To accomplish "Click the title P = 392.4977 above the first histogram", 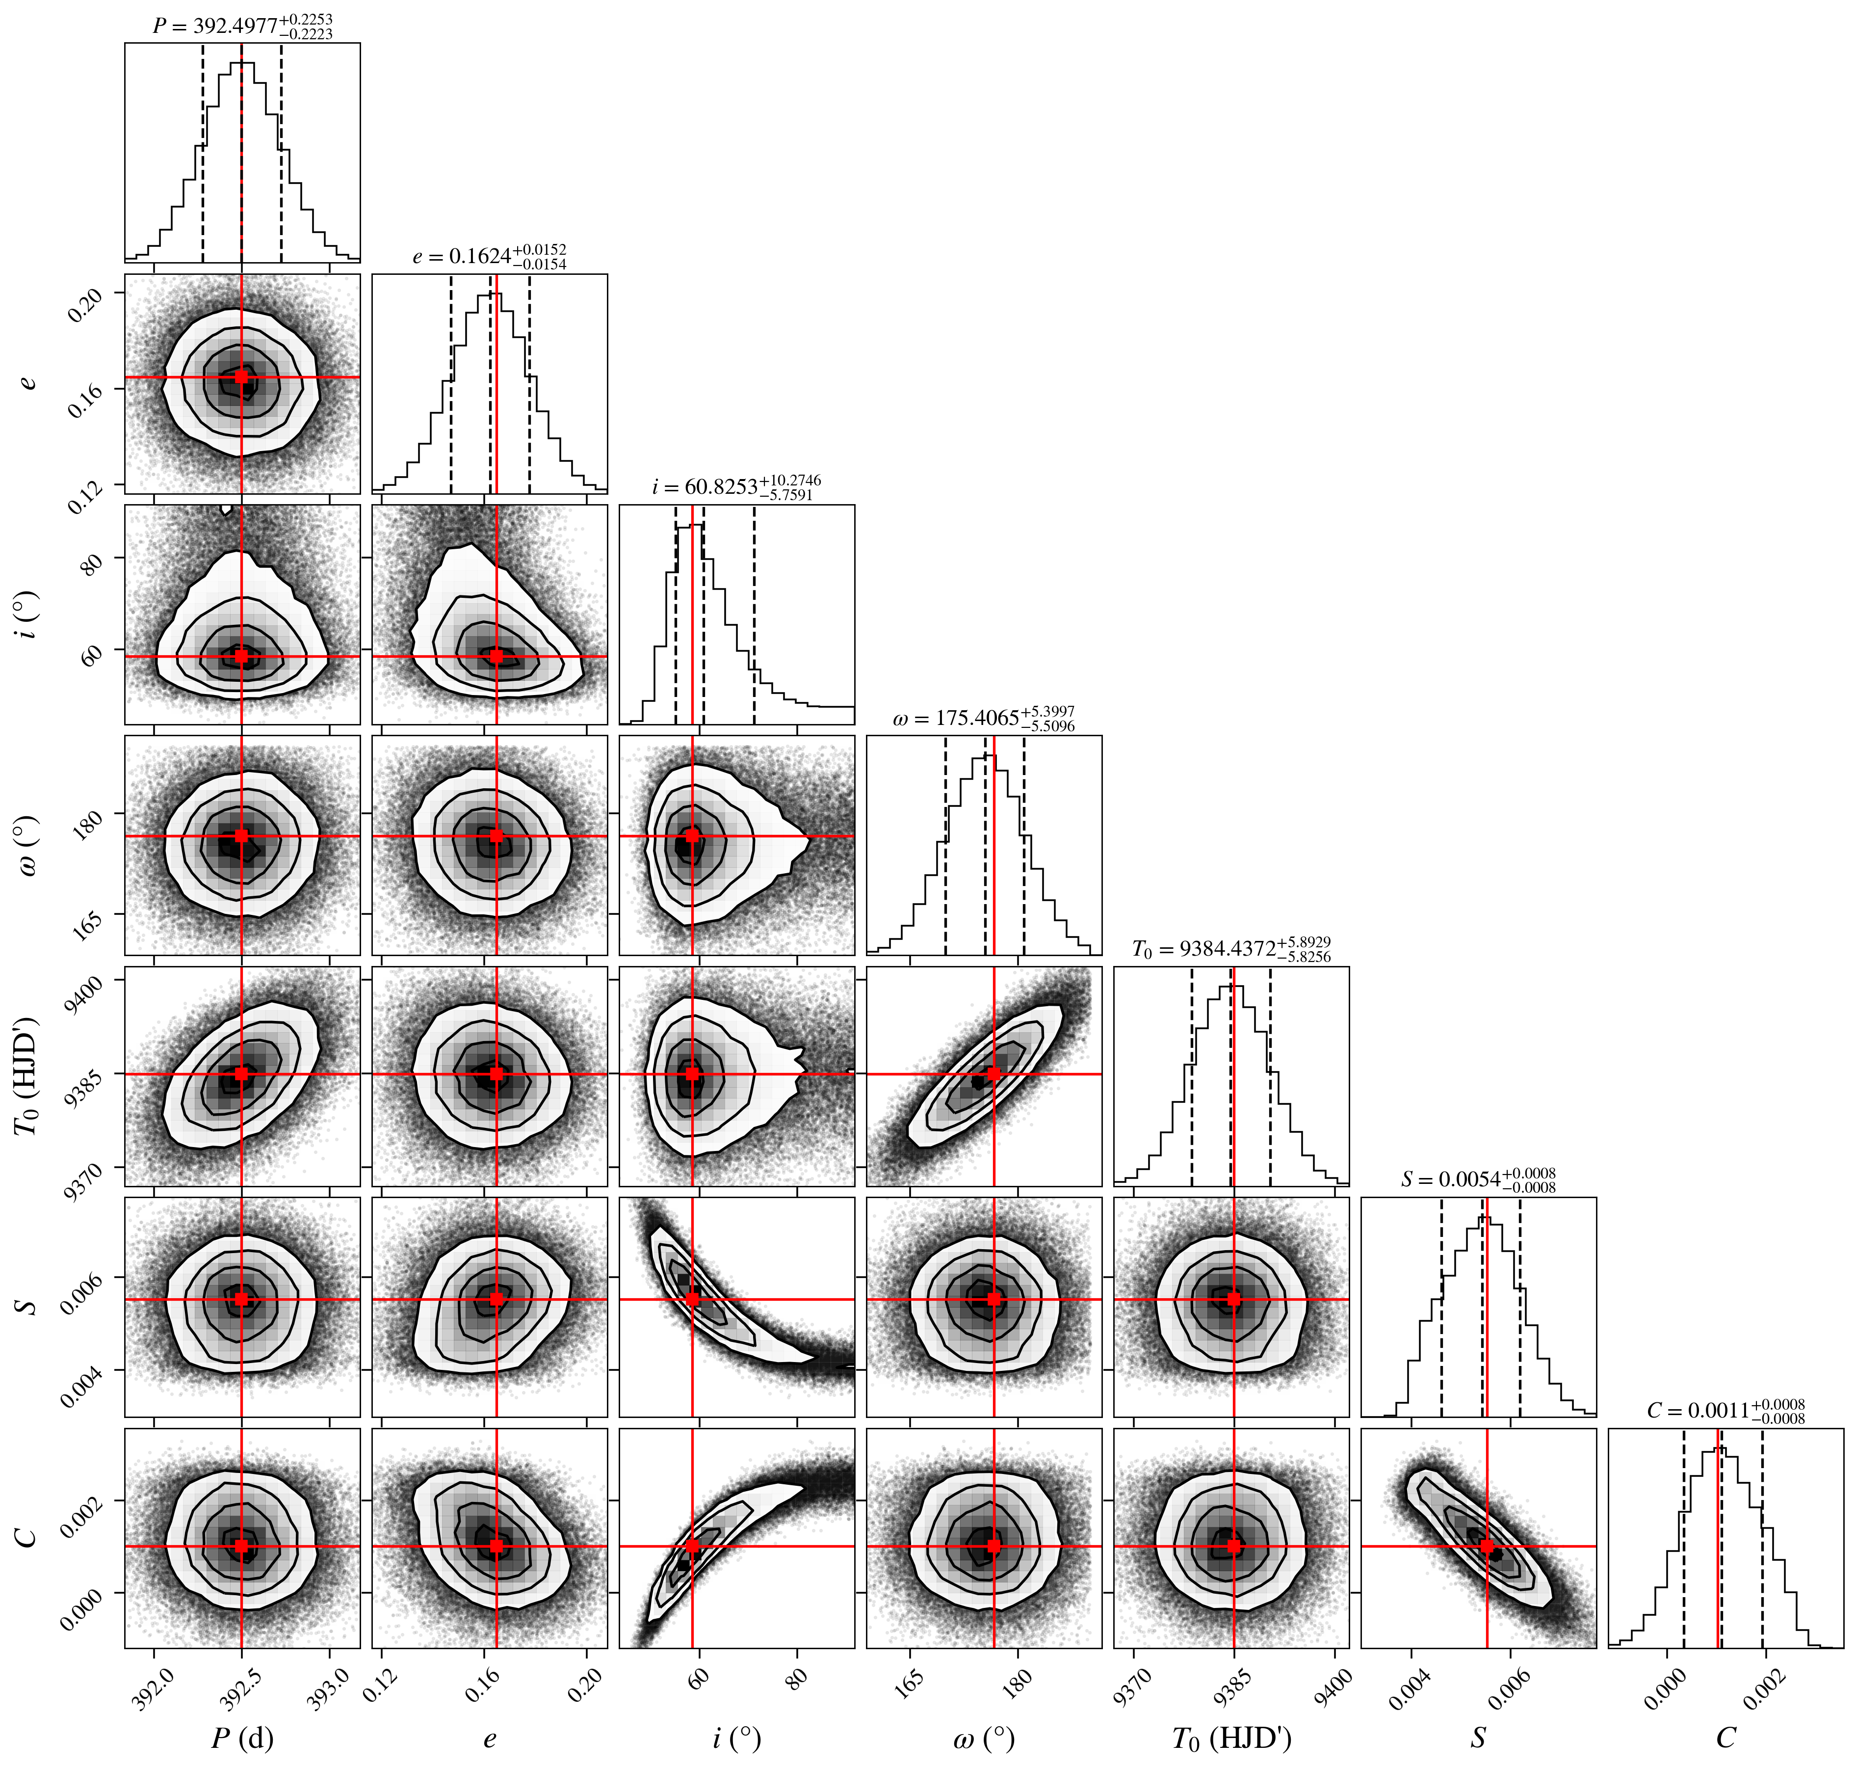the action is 243,27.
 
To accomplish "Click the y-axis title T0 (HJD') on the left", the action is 28,1075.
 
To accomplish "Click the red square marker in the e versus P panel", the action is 242,377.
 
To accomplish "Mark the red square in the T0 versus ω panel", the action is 993,1074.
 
